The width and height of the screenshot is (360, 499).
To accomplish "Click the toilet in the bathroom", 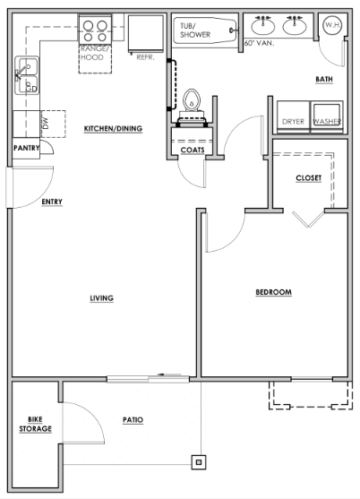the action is click(192, 105).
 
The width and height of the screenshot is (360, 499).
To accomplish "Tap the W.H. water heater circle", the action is click(332, 25).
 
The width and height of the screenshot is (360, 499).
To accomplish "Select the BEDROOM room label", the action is click(273, 292).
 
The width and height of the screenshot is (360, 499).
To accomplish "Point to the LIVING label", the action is click(101, 298).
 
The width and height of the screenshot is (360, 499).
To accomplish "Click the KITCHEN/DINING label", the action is click(113, 129).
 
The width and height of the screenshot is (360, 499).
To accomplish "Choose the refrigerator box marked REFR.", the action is click(146, 34).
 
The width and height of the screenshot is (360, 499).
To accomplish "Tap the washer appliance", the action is click(327, 116).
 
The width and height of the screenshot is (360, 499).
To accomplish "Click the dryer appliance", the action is click(293, 116).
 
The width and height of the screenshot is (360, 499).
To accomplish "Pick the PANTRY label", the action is click(26, 148).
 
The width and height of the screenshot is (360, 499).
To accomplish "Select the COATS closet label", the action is click(193, 150).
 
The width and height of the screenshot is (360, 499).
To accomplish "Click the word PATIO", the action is click(133, 420).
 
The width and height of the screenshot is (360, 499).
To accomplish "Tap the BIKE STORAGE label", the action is click(35, 425).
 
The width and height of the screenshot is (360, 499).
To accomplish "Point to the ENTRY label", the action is click(52, 202).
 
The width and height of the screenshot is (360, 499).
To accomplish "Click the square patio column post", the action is click(199, 462).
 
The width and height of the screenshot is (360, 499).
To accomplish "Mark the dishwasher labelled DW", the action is click(53, 125).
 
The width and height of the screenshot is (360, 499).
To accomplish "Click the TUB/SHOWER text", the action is click(195, 30).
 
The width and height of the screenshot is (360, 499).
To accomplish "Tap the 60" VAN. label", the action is click(259, 43).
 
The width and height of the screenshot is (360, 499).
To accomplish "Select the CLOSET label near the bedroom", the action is click(308, 178).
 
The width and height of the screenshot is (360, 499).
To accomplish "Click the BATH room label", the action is click(324, 79).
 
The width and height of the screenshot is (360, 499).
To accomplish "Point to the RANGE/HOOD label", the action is click(92, 53).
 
